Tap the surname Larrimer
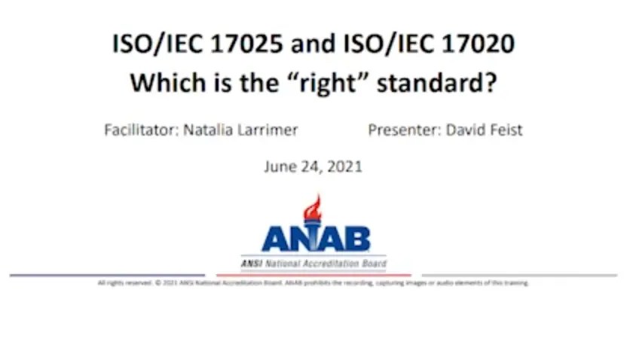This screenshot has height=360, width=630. (x=272, y=130)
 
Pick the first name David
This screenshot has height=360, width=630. (x=466, y=130)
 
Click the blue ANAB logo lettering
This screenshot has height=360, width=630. (x=316, y=239)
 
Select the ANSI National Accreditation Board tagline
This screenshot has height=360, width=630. (x=314, y=264)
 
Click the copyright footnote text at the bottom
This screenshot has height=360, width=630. (x=313, y=283)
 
